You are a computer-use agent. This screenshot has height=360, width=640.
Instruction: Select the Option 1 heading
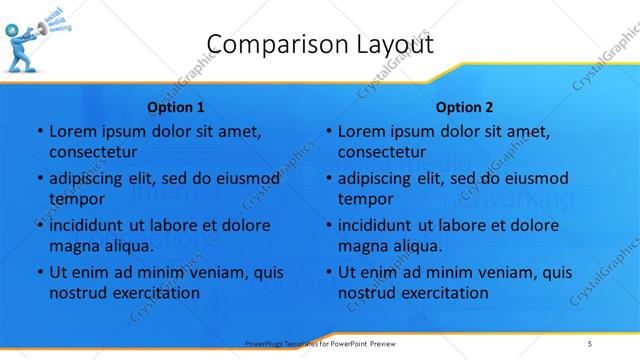pos(176,106)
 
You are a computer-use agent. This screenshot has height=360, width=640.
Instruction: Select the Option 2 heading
pos(465,106)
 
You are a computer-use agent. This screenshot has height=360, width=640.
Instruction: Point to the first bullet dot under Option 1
pos(39,132)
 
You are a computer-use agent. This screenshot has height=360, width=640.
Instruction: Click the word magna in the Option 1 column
pos(72,246)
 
